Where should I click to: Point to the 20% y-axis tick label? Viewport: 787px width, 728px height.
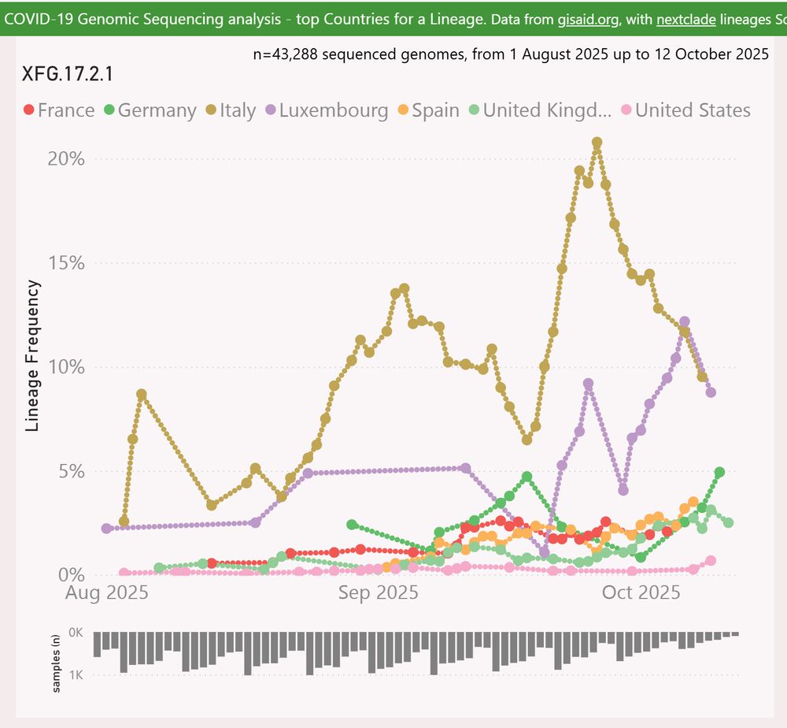pyautogui.click(x=66, y=158)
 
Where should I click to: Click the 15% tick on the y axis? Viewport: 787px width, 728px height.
pyautogui.click(x=66, y=263)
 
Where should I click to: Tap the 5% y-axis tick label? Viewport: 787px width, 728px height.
pyautogui.click(x=71, y=471)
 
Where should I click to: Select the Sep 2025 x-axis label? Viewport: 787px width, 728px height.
pyautogui.click(x=379, y=592)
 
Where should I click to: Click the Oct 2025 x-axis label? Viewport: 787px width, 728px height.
pyautogui.click(x=641, y=592)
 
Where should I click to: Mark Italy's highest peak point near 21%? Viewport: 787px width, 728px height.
pyautogui.click(x=597, y=143)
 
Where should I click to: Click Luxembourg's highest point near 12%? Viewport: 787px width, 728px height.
pyautogui.click(x=684, y=321)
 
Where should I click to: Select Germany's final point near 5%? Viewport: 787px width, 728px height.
pyautogui.click(x=719, y=472)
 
